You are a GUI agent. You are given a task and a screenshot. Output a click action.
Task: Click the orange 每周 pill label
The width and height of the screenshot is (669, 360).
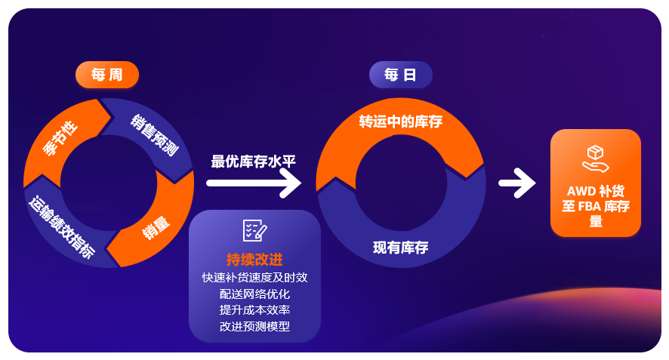(106, 75)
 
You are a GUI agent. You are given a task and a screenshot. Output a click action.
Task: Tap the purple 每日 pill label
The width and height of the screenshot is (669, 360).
(400, 75)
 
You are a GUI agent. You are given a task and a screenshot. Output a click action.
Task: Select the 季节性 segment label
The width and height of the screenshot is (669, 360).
(60, 138)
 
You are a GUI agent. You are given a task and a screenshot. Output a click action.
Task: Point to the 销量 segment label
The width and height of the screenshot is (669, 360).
(156, 226)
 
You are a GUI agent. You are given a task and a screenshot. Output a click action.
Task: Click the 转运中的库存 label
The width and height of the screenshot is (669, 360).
(400, 122)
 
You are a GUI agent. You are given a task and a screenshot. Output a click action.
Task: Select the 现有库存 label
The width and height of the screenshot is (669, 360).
(400, 248)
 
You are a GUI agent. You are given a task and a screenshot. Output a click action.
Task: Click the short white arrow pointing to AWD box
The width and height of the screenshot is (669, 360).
(516, 183)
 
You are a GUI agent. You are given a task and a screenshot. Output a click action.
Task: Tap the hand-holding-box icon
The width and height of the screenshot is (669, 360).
(596, 158)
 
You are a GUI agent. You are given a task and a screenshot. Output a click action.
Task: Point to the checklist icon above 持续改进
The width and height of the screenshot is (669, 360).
(254, 231)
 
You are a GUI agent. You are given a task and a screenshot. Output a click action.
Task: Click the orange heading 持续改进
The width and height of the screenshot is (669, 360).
(254, 260)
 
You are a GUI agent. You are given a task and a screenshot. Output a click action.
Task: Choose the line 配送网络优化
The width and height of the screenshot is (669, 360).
(254, 294)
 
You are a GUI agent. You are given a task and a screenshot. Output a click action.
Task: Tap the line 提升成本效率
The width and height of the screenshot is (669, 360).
(254, 310)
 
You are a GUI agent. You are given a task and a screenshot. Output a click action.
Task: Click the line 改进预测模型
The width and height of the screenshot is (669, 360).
(254, 327)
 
